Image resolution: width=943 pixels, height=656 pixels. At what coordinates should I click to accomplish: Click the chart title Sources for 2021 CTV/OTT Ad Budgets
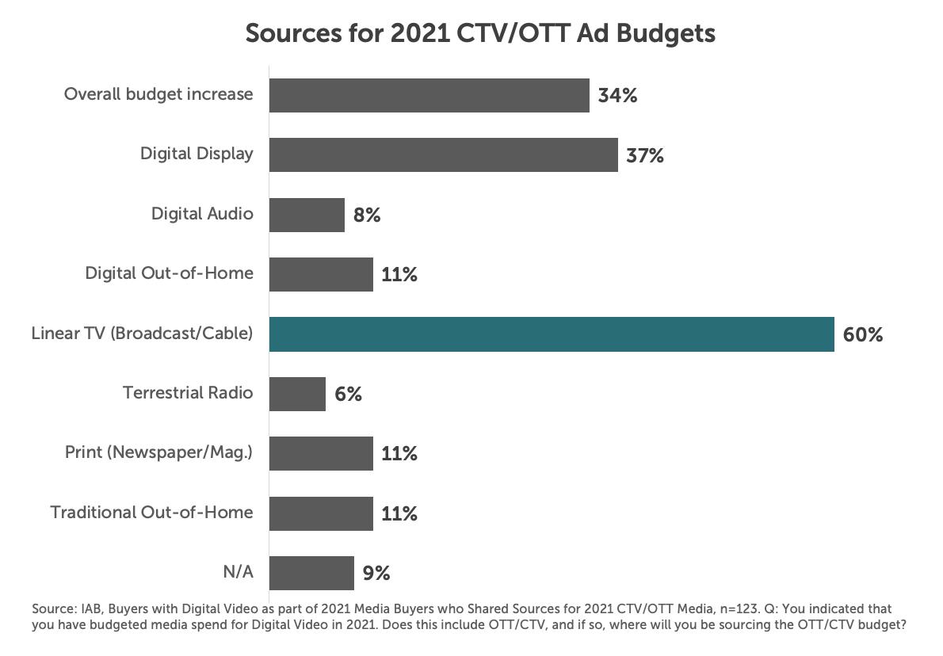click(480, 33)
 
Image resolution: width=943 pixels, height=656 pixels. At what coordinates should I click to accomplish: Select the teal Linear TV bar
click(552, 334)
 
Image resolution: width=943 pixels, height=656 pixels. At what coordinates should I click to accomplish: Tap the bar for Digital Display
click(443, 154)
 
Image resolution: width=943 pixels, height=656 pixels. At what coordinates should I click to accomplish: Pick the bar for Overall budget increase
click(429, 95)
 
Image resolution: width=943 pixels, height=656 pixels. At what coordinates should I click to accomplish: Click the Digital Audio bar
click(307, 215)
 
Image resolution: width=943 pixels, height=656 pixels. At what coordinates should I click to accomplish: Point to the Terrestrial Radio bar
click(297, 394)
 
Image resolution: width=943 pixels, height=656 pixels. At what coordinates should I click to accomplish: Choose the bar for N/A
click(311, 573)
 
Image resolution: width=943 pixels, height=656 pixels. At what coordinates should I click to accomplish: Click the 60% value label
click(863, 334)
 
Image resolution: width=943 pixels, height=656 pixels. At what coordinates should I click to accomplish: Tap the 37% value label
click(645, 155)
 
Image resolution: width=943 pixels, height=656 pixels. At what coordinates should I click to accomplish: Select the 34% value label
click(617, 96)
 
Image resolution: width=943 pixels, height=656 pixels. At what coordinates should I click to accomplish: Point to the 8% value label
click(367, 215)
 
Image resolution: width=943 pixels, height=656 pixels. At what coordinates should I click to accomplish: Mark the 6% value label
click(348, 394)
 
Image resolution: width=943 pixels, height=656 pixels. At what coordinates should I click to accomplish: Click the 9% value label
click(376, 573)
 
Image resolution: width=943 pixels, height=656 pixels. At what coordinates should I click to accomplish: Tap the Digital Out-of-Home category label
click(170, 273)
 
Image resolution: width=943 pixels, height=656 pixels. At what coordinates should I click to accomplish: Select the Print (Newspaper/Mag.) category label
click(158, 452)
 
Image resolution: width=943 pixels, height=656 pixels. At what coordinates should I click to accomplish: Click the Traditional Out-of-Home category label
click(152, 513)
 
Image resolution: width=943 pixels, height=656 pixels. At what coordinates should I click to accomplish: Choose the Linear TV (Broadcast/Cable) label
click(143, 334)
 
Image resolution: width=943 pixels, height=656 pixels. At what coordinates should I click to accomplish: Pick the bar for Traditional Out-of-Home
click(321, 513)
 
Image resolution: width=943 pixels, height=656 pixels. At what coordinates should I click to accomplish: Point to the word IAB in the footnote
click(90, 609)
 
